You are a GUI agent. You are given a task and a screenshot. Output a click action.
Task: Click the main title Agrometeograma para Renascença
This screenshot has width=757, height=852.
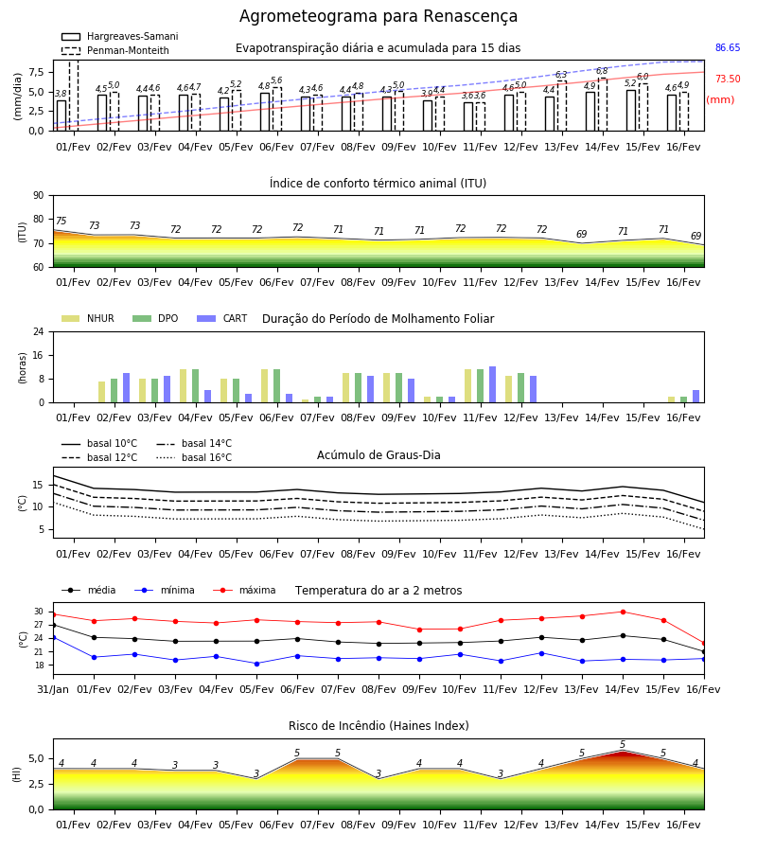pos(378,16)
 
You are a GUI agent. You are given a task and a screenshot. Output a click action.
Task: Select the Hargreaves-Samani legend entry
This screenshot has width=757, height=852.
pos(119,36)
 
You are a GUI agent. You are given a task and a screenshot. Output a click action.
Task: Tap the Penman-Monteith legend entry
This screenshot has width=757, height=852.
pos(115,50)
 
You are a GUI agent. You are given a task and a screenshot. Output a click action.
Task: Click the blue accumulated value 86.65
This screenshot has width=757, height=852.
pos(728,48)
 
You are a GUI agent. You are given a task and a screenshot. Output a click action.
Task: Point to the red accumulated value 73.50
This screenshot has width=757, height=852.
pos(728,79)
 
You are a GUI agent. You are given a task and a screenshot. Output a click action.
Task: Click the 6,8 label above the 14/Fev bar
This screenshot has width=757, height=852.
pos(602,71)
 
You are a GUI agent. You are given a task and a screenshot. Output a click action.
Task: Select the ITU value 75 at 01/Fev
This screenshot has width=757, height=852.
pos(61,221)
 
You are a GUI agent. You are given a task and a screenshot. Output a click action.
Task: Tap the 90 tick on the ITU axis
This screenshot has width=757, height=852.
pos(39,196)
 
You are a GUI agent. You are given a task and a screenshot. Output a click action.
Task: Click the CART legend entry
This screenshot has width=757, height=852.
pos(222,318)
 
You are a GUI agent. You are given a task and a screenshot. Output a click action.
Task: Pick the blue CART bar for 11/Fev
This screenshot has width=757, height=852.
pos(493,384)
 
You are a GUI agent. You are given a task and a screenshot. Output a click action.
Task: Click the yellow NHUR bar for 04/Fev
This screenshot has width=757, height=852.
pos(183,386)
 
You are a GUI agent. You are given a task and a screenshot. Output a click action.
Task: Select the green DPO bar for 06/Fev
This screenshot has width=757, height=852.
pos(276,386)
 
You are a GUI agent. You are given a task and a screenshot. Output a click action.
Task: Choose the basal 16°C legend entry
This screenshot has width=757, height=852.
pos(194,457)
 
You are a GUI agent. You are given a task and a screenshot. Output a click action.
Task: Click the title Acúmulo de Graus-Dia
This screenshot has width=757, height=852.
pos(378,455)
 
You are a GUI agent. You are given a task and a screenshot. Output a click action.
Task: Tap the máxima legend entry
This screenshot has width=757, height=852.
pos(244,590)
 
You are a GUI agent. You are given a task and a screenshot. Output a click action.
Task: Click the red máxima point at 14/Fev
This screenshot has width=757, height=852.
pos(623,612)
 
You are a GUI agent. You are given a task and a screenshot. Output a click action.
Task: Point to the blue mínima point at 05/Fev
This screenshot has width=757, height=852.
pos(256,664)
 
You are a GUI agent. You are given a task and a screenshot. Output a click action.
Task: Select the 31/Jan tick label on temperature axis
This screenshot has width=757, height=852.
pos(53,689)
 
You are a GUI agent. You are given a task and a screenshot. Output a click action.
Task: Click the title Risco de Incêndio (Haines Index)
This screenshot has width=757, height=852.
pos(378,726)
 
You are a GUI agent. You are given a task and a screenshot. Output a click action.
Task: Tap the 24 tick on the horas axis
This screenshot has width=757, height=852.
pos(39,331)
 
